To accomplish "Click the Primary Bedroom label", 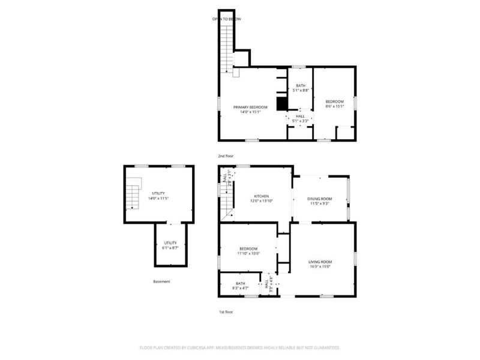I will click(250, 107).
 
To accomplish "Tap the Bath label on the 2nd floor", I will click(301, 86).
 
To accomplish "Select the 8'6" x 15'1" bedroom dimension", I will click(334, 107).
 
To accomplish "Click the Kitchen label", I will click(261, 196).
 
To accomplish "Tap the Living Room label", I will click(320, 262).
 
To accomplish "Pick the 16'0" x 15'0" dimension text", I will click(320, 266).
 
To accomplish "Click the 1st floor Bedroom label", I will click(248, 249).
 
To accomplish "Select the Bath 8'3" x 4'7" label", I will click(240, 286).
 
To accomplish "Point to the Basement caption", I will click(161, 281).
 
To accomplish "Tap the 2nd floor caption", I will click(226, 156).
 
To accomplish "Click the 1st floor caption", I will click(226, 312).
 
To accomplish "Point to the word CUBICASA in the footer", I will click(203, 347).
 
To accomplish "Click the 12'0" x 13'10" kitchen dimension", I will click(261, 201).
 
